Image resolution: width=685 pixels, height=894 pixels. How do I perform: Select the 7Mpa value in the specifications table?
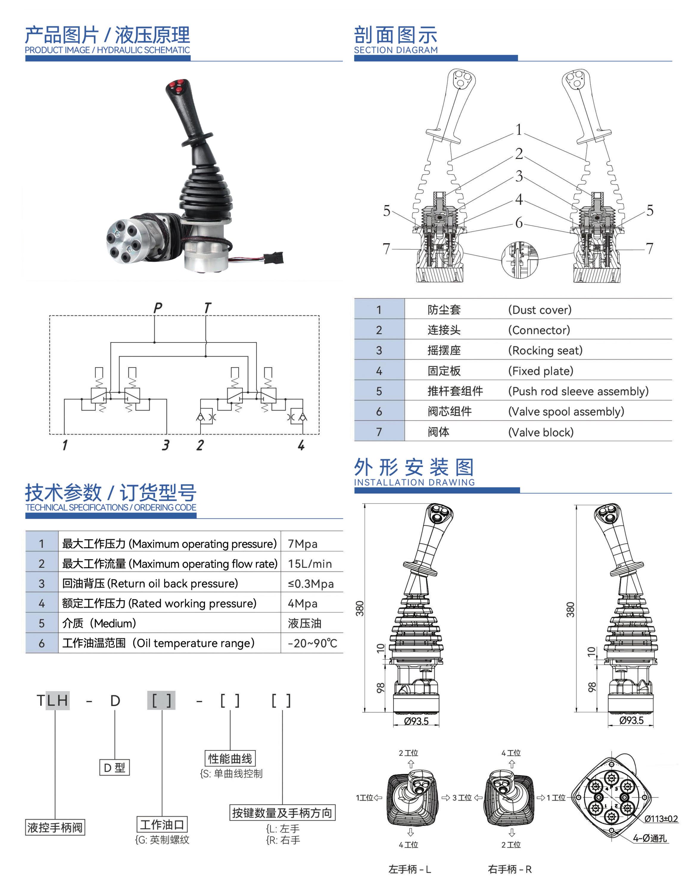click(x=303, y=544)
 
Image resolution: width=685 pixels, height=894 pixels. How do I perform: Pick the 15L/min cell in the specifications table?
click(x=309, y=564)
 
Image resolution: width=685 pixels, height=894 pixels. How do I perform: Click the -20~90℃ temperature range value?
click(x=312, y=643)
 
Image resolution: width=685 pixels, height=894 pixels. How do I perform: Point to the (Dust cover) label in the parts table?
click(x=539, y=310)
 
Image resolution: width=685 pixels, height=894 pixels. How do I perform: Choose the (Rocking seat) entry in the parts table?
click(x=545, y=350)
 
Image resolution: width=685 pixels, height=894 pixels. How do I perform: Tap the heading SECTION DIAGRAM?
click(x=396, y=50)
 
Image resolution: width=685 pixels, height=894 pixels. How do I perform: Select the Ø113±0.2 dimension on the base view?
click(x=661, y=819)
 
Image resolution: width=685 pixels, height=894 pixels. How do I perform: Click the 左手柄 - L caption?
click(x=410, y=869)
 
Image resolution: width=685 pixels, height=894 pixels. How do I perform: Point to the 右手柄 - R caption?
click(x=510, y=869)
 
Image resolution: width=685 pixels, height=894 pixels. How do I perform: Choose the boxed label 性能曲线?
click(x=230, y=758)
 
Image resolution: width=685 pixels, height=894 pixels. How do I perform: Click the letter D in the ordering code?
click(x=115, y=701)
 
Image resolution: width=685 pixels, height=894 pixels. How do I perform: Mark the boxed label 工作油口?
click(x=162, y=825)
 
